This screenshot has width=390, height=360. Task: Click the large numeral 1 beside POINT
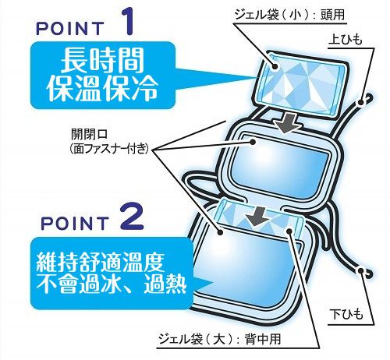coord(127,22)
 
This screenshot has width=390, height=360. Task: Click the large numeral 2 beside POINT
coord(132,216)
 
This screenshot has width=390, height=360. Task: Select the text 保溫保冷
coord(102,89)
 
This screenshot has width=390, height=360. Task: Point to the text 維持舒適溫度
coord(100,262)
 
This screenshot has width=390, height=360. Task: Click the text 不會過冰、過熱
coord(112,284)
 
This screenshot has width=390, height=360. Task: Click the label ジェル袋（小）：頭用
coord(289,14)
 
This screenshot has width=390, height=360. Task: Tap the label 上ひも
coord(346,41)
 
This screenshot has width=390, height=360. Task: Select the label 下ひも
coord(346,314)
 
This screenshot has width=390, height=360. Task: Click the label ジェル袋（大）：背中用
coord(220,339)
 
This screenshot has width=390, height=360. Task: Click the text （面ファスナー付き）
coord(110,149)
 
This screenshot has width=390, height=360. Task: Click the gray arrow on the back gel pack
coord(257,216)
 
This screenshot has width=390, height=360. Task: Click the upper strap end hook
coord(365,101)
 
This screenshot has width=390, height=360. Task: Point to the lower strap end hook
coord(365,272)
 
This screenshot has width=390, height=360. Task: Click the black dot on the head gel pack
coord(275,66)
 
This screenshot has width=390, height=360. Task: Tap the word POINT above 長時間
coord(70,28)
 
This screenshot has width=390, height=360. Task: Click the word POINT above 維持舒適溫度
coord(75,223)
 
